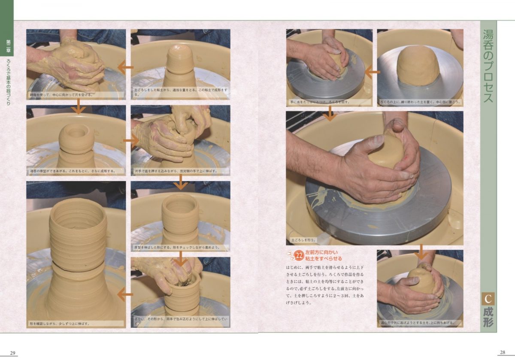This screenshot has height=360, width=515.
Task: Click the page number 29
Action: tap(13, 353)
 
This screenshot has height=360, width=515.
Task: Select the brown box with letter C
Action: tap(488, 299)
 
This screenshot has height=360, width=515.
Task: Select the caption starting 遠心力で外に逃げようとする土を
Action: tap(415, 323)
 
